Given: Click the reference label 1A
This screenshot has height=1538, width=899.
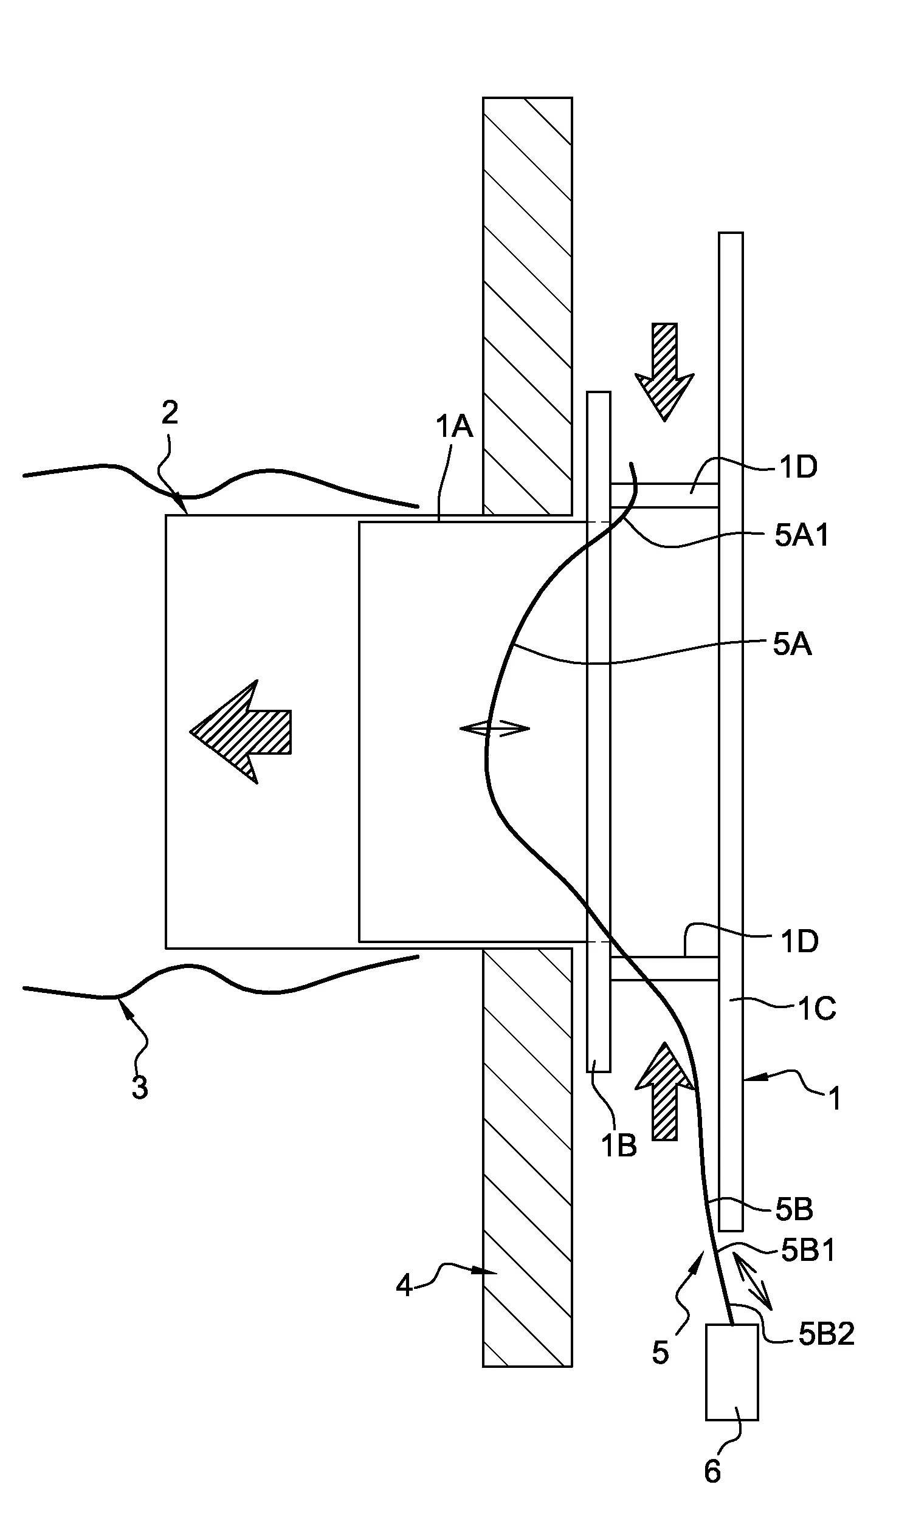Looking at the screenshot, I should pos(454,427).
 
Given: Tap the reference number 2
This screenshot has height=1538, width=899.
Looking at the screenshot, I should pos(170,413).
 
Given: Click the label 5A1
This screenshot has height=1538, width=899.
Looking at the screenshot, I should pos(801,536).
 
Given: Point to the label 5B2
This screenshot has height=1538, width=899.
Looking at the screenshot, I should pos(826,1335).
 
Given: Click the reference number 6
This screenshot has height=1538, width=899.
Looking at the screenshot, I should pos(712,1472).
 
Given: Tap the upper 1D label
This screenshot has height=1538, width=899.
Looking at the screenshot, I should pos(798,467).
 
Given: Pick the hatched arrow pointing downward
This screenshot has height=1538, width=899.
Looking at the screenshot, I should pos(664,369).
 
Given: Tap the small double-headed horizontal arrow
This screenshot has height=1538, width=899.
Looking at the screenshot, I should pos(494,727).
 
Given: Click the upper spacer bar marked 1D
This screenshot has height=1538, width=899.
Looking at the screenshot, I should pos(664,495).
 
